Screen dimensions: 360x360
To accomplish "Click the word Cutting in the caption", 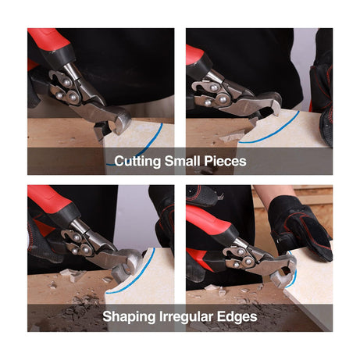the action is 137,161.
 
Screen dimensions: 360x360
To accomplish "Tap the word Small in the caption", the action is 182,161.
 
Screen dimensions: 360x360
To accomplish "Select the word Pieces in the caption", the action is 225,161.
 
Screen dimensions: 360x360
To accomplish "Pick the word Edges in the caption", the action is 237,317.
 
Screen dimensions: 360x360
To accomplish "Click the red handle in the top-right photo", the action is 194,55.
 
